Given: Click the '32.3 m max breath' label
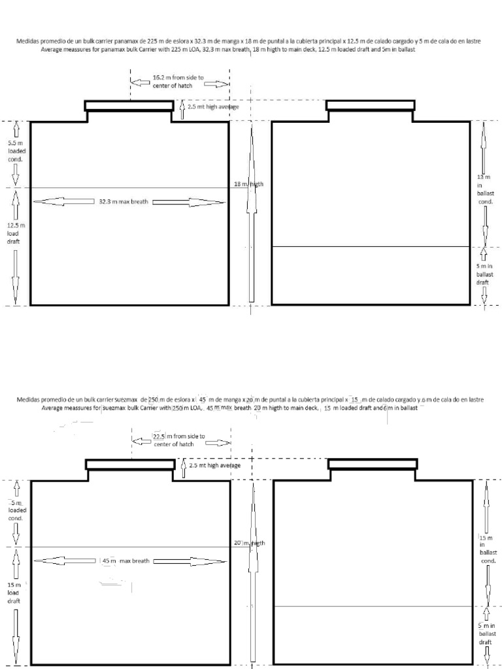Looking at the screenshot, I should click(124, 202).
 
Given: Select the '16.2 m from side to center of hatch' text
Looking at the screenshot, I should click(178, 81).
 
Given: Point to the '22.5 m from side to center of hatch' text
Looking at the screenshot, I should click(178, 440).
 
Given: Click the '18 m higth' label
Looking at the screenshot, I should click(248, 184).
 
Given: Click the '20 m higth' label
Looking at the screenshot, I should click(250, 543).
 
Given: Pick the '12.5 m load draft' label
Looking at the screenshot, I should click(14, 233).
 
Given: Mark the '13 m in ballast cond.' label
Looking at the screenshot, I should click(484, 189).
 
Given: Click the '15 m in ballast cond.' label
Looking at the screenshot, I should click(487, 549).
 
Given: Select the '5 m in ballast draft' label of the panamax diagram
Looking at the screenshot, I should click(484, 274).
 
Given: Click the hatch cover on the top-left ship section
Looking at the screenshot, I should click(129, 105).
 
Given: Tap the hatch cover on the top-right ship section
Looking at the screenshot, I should click(370, 105).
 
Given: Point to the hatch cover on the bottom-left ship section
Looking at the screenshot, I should click(130, 465).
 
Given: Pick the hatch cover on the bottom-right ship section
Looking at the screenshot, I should click(373, 464).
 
